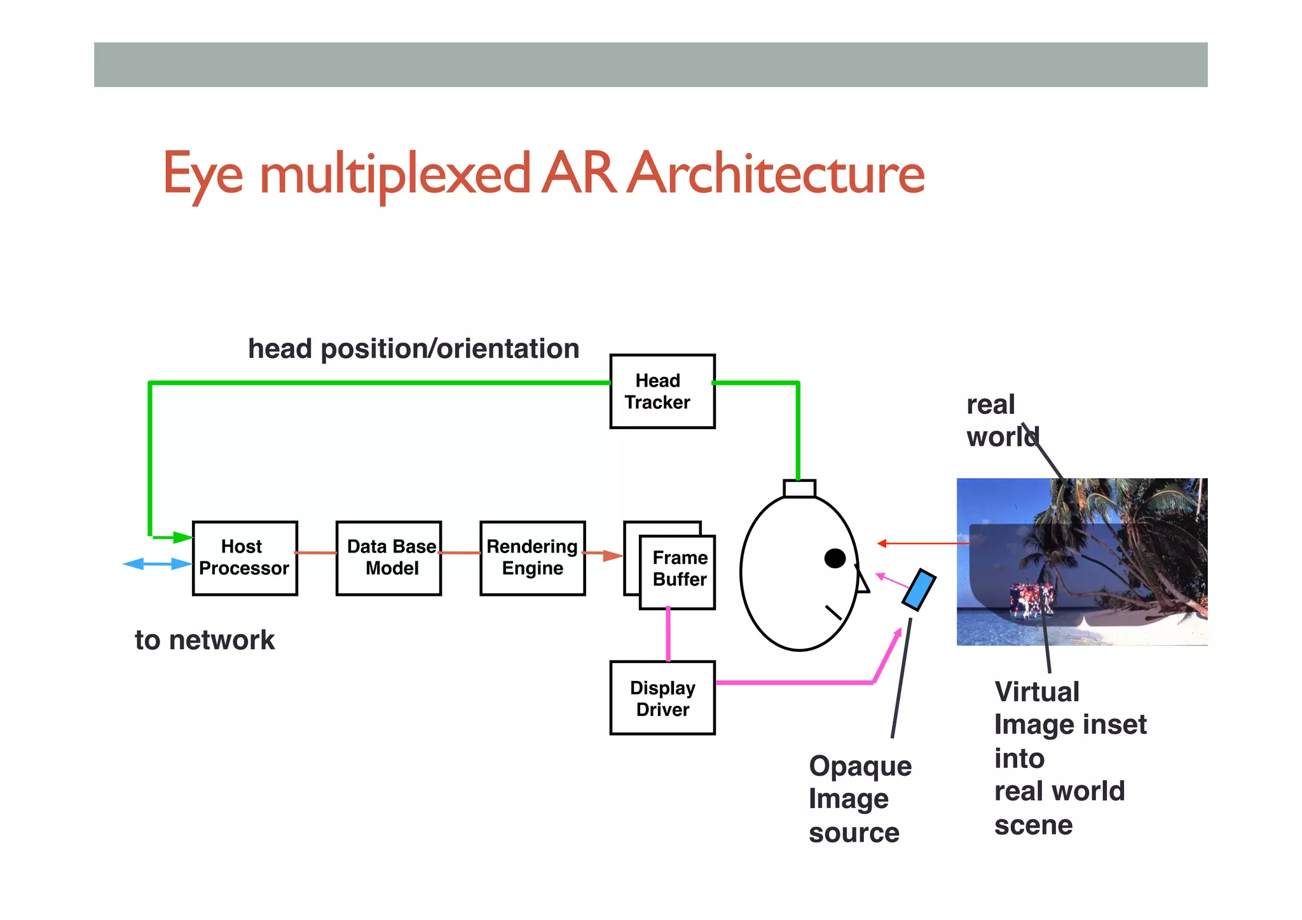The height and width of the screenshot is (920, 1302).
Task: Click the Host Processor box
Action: pyautogui.click(x=245, y=558)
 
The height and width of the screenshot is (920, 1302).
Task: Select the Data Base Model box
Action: pyautogui.click(x=388, y=558)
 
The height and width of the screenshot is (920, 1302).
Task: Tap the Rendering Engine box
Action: pyautogui.click(x=532, y=558)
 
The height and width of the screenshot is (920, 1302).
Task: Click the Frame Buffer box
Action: pyautogui.click(x=678, y=572)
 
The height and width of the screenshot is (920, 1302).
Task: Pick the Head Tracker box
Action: pyautogui.click(x=662, y=392)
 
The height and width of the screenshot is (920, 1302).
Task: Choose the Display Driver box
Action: pyautogui.click(x=662, y=698)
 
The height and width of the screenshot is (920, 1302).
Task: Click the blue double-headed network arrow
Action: pyautogui.click(x=157, y=564)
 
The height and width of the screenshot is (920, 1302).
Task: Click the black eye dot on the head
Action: pyautogui.click(x=835, y=558)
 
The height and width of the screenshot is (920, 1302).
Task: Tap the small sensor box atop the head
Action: pyautogui.click(x=799, y=488)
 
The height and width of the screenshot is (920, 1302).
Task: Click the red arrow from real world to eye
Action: pyautogui.click(x=922, y=544)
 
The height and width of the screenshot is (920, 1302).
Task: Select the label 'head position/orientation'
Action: pyautogui.click(x=413, y=349)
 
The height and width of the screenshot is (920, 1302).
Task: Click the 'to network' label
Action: pyautogui.click(x=205, y=640)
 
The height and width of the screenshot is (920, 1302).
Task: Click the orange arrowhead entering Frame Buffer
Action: pyautogui.click(x=613, y=556)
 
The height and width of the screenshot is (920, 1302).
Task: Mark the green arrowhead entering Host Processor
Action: pyautogui.click(x=182, y=538)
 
